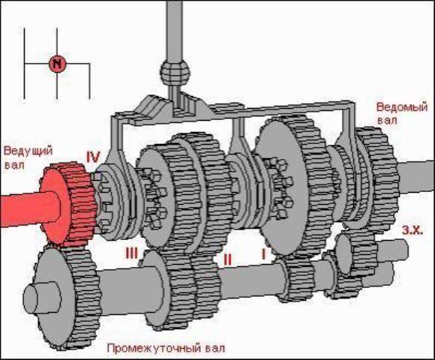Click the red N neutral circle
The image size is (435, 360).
click(x=57, y=64)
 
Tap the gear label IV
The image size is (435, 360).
click(x=93, y=157)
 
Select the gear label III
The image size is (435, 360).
click(x=132, y=253)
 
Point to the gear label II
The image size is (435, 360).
click(x=227, y=259)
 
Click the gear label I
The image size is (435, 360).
click(x=263, y=254)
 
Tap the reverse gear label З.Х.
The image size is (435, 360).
click(x=412, y=230)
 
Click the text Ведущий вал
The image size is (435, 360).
click(x=28, y=157)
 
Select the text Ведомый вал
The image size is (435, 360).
click(x=402, y=113)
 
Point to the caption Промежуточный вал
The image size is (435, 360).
click(x=166, y=348)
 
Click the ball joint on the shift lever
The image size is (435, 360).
click(x=175, y=72)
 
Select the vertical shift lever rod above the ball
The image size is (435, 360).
click(x=175, y=30)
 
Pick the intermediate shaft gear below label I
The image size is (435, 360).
click(x=296, y=279)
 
